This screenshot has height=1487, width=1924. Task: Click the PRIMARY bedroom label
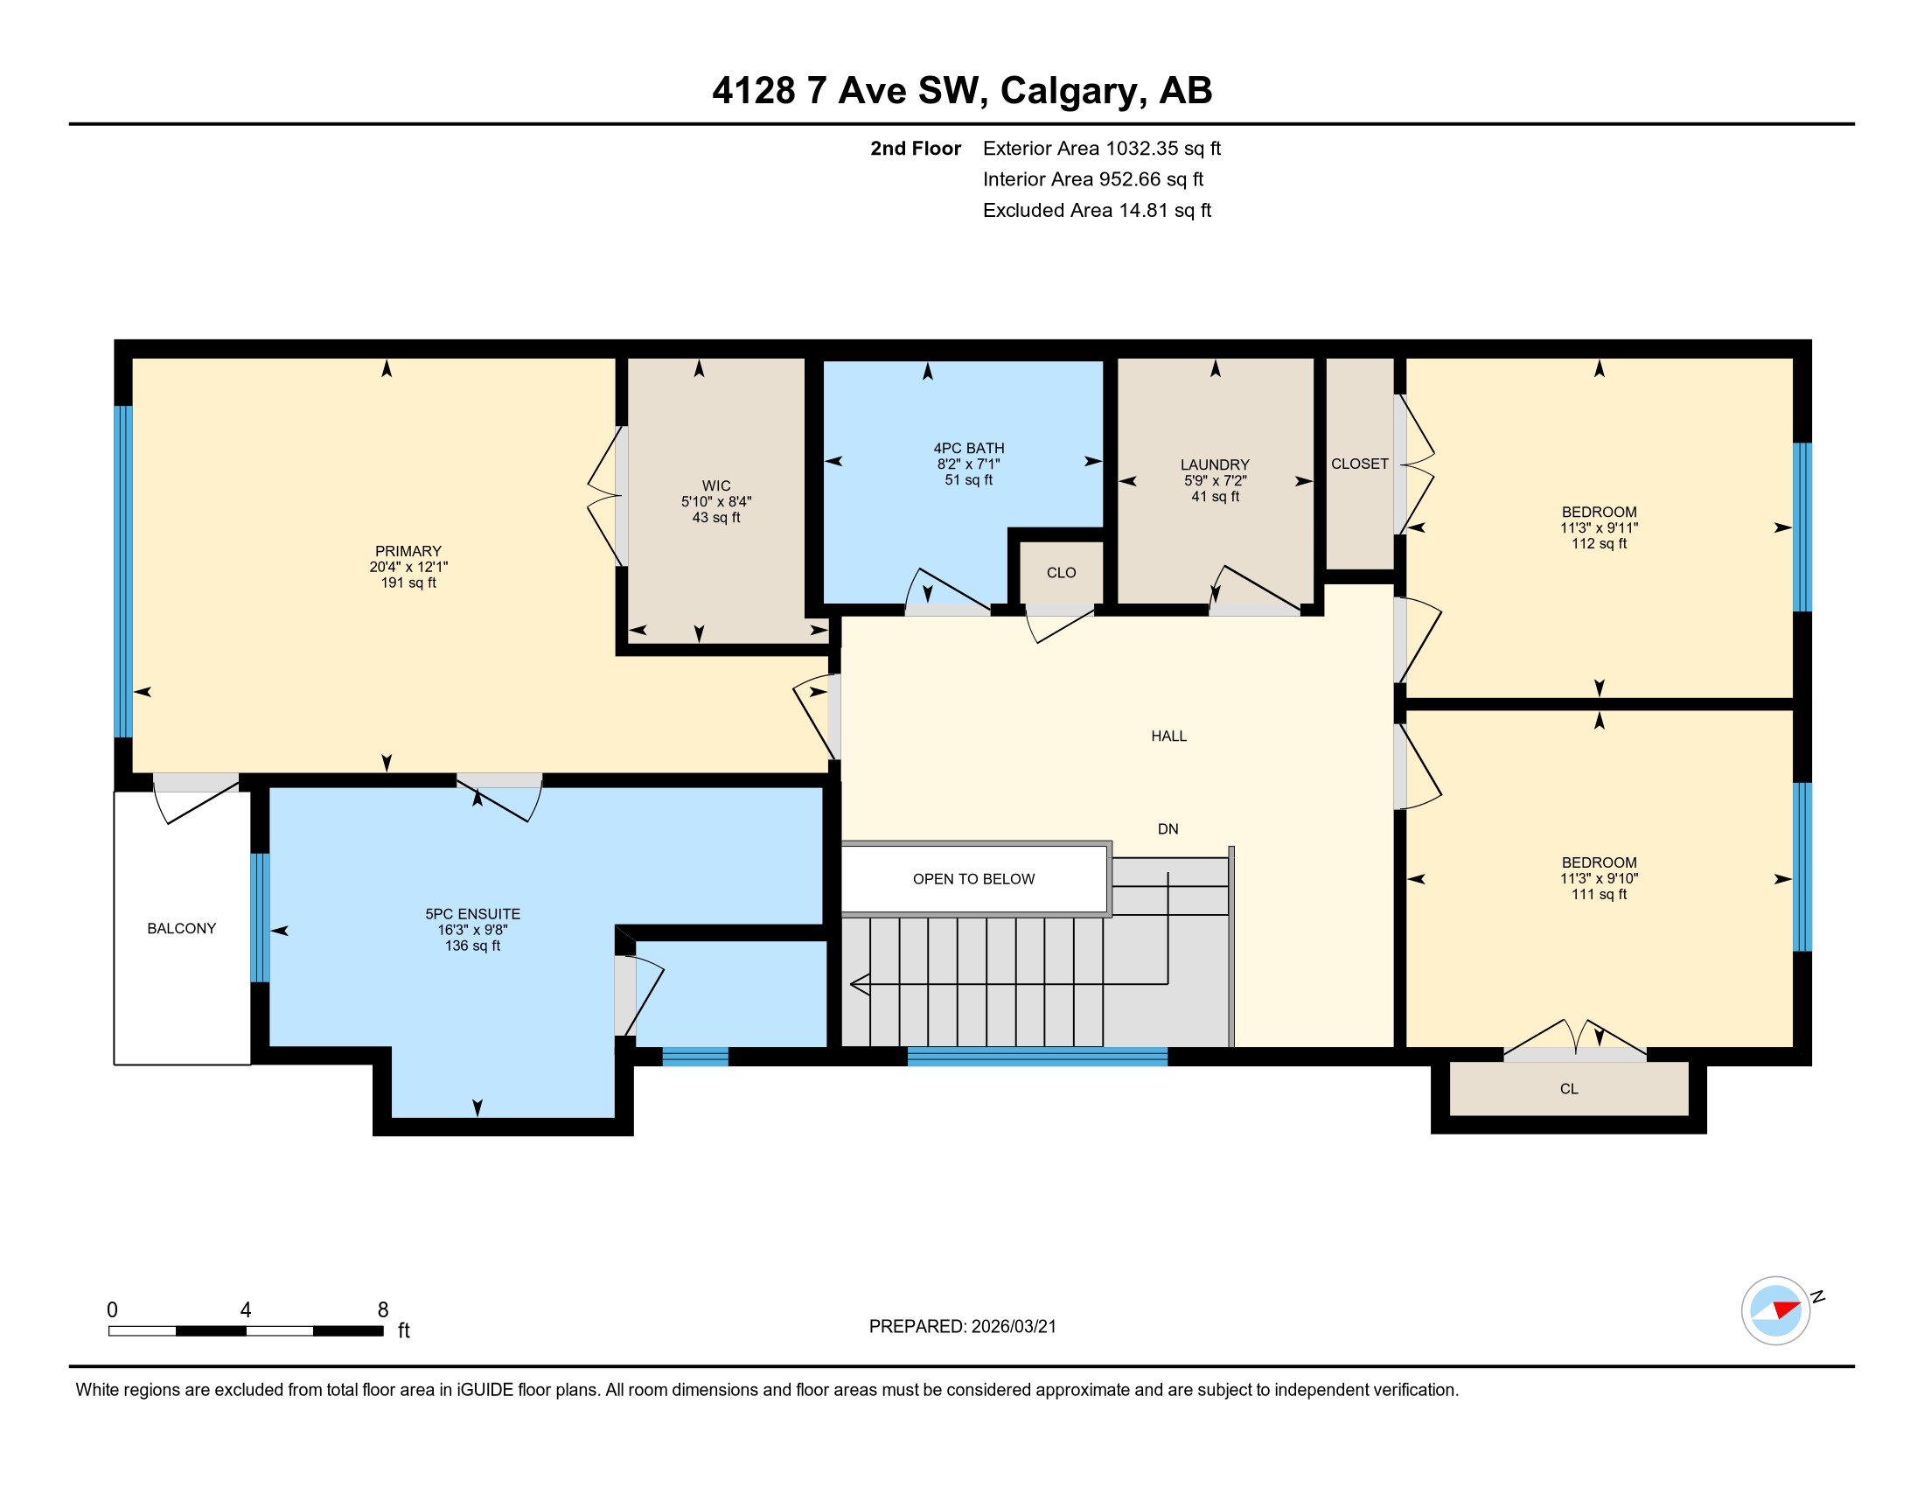click(408, 551)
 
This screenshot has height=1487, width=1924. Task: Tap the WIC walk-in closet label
click(716, 486)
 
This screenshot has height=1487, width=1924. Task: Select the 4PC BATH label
click(969, 449)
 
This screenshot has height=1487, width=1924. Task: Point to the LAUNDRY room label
click(1215, 465)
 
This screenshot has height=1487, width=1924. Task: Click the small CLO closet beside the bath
click(1062, 573)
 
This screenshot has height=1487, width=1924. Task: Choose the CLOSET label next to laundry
click(1359, 464)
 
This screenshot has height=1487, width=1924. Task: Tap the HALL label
click(1169, 737)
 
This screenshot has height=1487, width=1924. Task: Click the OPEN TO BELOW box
click(974, 879)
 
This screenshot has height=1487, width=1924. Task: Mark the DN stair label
click(1168, 829)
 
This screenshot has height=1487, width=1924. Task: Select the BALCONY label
click(182, 928)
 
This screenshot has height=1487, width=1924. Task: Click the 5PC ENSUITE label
click(473, 914)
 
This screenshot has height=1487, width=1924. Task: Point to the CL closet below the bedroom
click(1569, 1089)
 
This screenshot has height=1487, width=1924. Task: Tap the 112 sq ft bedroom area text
click(1599, 543)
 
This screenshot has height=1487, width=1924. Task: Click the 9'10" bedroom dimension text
click(1620, 878)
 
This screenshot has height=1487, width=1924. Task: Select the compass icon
click(1776, 1310)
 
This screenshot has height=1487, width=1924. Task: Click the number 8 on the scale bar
click(383, 1310)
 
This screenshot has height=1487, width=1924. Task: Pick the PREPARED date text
click(963, 1327)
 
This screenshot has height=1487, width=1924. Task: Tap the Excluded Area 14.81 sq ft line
click(1097, 211)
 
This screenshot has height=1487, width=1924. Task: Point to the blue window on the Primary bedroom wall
click(124, 571)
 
